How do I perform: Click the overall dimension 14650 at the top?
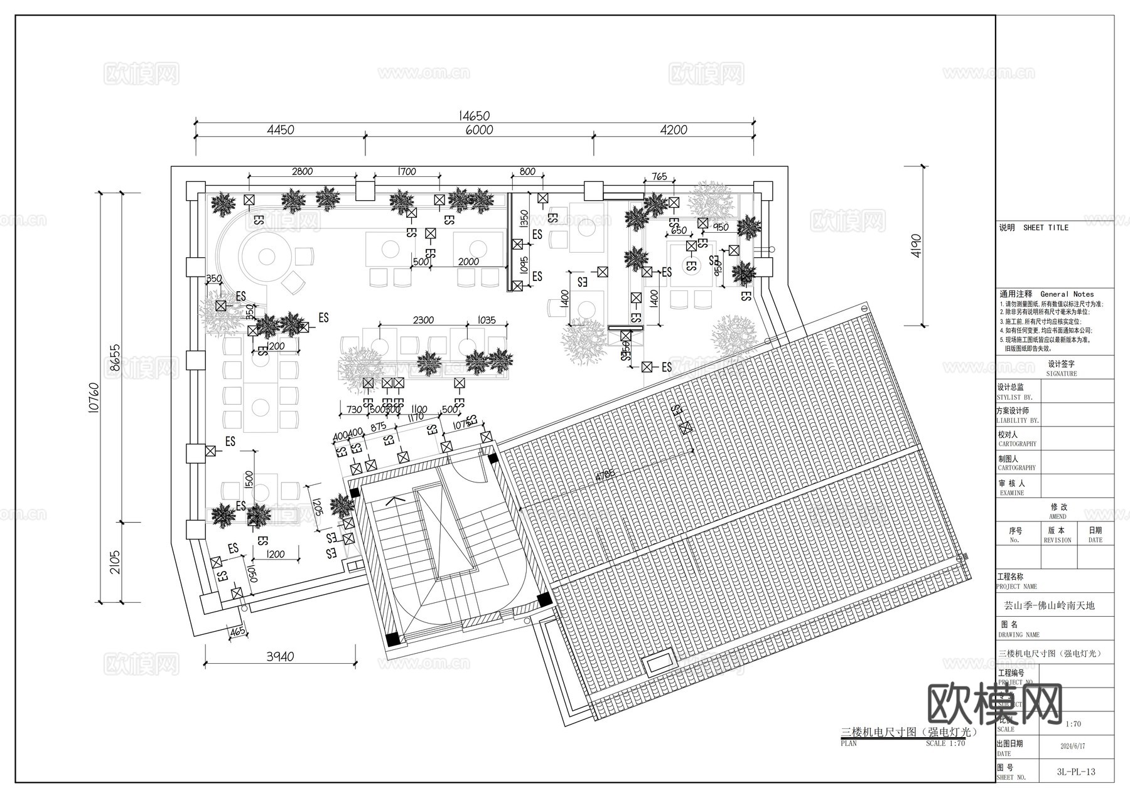[474, 116]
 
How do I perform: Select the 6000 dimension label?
[479, 130]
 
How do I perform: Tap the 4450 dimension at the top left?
[280, 130]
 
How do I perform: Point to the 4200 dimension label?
[674, 130]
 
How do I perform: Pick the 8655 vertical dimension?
[115, 358]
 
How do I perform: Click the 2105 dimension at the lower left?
[115, 563]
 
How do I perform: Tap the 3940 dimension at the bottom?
[280, 657]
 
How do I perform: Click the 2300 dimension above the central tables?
[423, 320]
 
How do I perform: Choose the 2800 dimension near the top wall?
[302, 172]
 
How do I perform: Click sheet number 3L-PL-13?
[1076, 772]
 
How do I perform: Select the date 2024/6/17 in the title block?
[1072, 747]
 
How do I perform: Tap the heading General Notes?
[1067, 294]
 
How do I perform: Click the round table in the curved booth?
[266, 257]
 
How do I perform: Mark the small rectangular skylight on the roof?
[657, 663]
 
